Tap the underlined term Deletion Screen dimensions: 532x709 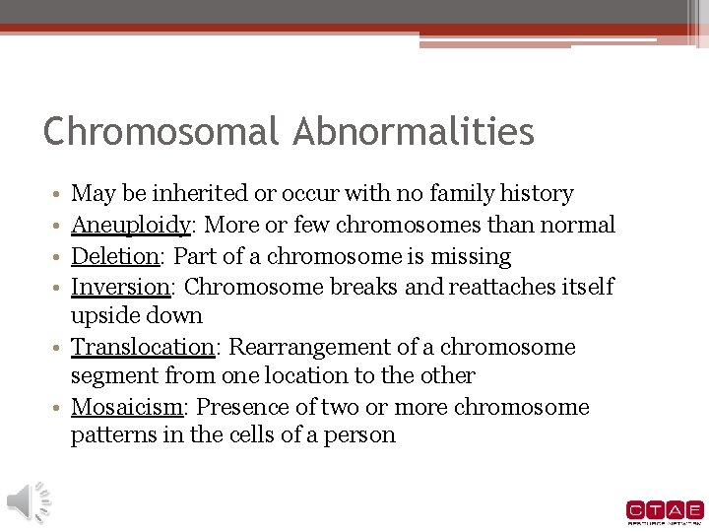pyautogui.click(x=115, y=257)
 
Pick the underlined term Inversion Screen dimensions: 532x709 pyautogui.click(x=120, y=287)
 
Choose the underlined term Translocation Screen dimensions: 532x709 pyautogui.click(x=143, y=348)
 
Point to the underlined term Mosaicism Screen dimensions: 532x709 pyautogui.click(x=127, y=408)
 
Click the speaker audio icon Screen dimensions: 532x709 pyautogui.click(x=29, y=501)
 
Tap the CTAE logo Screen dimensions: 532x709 pyautogui.click(x=665, y=511)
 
